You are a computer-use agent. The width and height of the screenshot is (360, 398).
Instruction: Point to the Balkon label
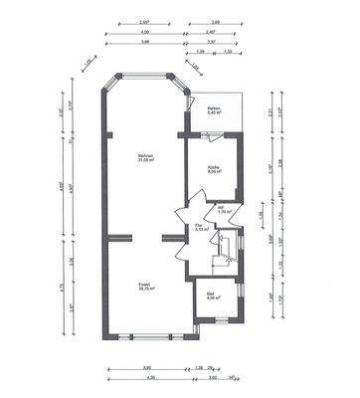[213, 107]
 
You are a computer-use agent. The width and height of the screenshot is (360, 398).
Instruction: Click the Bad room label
[212, 294]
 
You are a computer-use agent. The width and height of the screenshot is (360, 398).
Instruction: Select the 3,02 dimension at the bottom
[212, 377]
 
